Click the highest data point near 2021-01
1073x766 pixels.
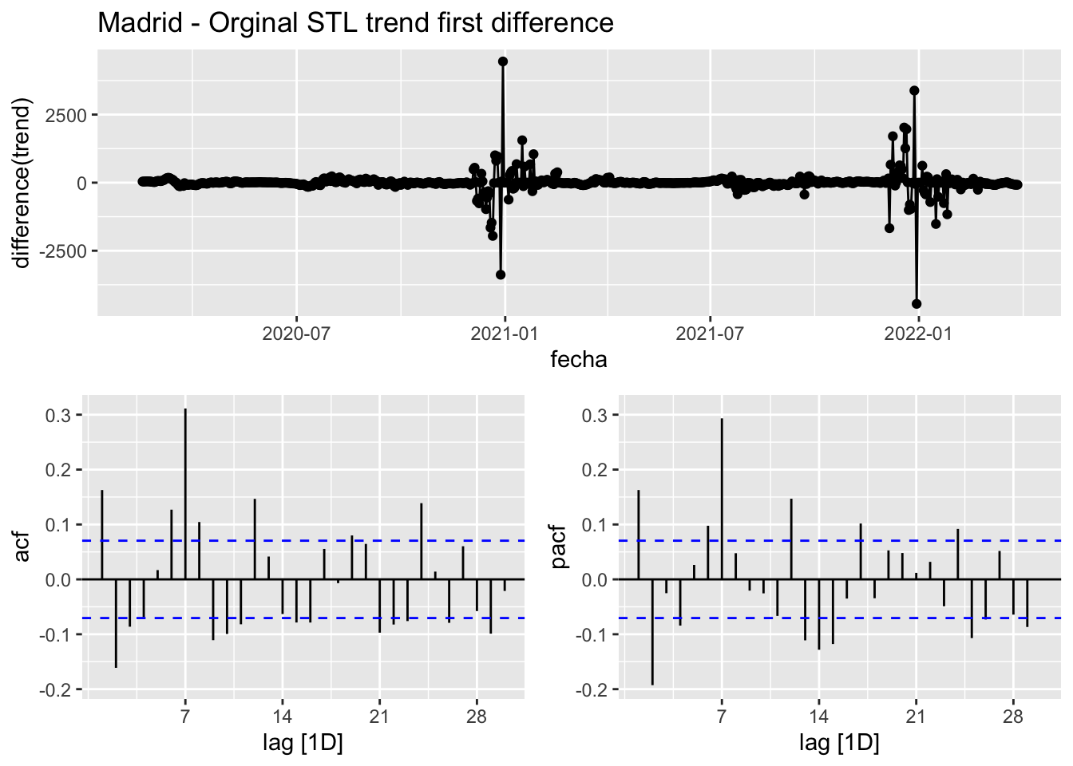(503, 61)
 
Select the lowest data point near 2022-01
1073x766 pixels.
(917, 304)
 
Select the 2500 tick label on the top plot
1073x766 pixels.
(67, 115)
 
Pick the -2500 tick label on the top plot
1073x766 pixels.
(64, 251)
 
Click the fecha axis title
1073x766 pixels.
(579, 360)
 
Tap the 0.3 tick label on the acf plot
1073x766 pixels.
(60, 415)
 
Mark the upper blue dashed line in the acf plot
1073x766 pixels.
(319, 541)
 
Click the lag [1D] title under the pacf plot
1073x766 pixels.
(839, 744)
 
